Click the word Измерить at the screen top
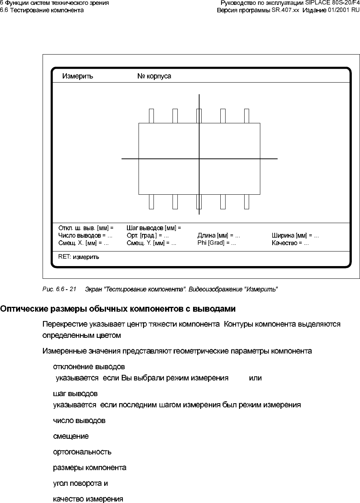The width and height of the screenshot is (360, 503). (78, 76)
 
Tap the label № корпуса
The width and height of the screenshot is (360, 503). (154, 76)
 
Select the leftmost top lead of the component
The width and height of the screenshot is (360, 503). (151, 116)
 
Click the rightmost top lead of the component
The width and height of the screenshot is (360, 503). (246, 116)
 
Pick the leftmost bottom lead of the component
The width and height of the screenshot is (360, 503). (151, 202)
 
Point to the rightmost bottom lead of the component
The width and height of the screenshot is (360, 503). (246, 202)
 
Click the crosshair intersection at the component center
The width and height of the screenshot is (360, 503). (199, 159)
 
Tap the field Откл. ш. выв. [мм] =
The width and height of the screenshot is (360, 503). (86, 228)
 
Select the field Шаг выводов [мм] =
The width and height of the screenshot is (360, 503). (154, 228)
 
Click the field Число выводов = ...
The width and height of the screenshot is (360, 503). (85, 235)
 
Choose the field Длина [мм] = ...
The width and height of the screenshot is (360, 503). (218, 235)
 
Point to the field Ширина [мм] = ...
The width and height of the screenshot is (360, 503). (295, 235)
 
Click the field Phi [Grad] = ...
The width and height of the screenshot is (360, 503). (217, 243)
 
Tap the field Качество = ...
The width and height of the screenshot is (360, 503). (290, 243)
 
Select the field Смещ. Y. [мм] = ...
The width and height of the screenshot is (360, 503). (151, 243)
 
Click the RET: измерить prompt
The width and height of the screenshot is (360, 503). (79, 257)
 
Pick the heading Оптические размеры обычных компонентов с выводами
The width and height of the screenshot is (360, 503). (118, 309)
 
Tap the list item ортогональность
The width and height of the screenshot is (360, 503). (82, 452)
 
